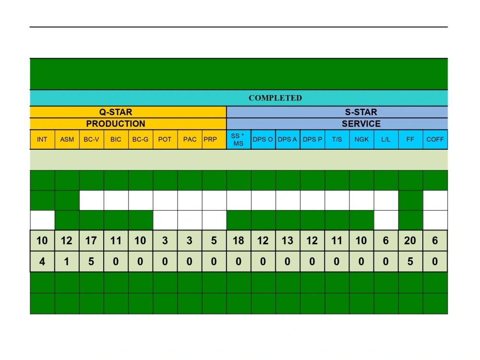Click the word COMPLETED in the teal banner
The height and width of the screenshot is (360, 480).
[275, 98]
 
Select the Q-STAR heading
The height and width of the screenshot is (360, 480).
[116, 112]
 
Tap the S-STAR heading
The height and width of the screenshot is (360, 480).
[361, 112]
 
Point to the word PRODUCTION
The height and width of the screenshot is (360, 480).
[116, 124]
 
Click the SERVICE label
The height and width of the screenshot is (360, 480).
[361, 124]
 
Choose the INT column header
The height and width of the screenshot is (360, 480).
[42, 139]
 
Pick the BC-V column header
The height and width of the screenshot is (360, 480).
[91, 139]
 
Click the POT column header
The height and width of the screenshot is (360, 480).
[165, 139]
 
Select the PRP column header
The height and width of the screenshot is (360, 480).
[210, 139]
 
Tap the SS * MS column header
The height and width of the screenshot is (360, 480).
[238, 140]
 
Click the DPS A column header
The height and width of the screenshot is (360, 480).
[287, 139]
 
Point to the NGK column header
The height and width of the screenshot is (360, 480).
[361, 139]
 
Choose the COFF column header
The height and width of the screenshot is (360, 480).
[435, 139]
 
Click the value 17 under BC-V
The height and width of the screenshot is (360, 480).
[91, 240]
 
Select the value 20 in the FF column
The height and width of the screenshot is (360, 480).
[410, 240]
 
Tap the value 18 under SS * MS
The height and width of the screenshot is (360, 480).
[239, 240]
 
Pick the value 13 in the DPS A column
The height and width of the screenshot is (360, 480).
[288, 240]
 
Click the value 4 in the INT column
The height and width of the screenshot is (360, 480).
[42, 262]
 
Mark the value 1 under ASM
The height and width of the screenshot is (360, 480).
[66, 262]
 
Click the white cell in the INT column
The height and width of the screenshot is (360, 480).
[43, 220]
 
